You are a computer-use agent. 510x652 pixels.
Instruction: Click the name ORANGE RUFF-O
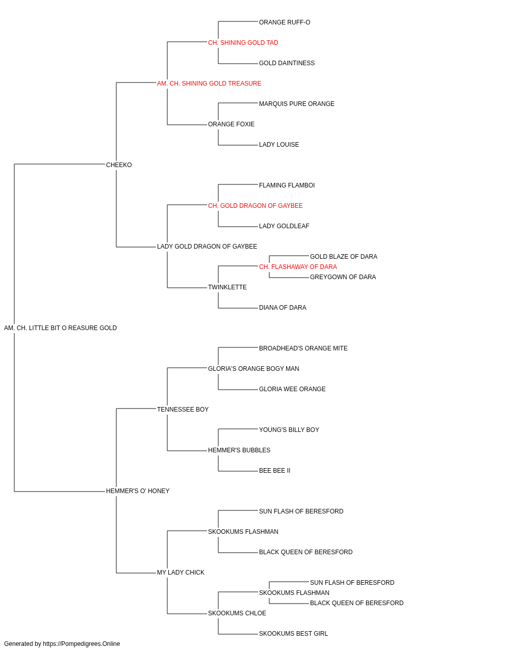[285, 22]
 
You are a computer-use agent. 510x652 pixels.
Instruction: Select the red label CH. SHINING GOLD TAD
[243, 43]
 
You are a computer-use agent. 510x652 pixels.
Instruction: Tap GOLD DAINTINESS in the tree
[287, 63]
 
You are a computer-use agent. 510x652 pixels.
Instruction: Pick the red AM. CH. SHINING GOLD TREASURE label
[209, 84]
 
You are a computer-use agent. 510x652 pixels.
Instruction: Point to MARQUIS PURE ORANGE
[296, 104]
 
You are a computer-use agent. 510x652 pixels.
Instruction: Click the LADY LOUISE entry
[279, 145]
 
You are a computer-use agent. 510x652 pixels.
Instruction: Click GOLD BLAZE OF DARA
[343, 257]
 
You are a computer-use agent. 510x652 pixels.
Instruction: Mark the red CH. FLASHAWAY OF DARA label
[298, 267]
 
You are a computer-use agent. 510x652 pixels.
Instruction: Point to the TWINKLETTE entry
[227, 288]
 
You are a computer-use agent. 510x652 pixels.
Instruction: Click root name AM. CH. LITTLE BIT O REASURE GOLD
[60, 329]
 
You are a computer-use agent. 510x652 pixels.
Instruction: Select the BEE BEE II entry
[274, 471]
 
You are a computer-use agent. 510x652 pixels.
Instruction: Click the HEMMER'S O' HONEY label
[138, 492]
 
